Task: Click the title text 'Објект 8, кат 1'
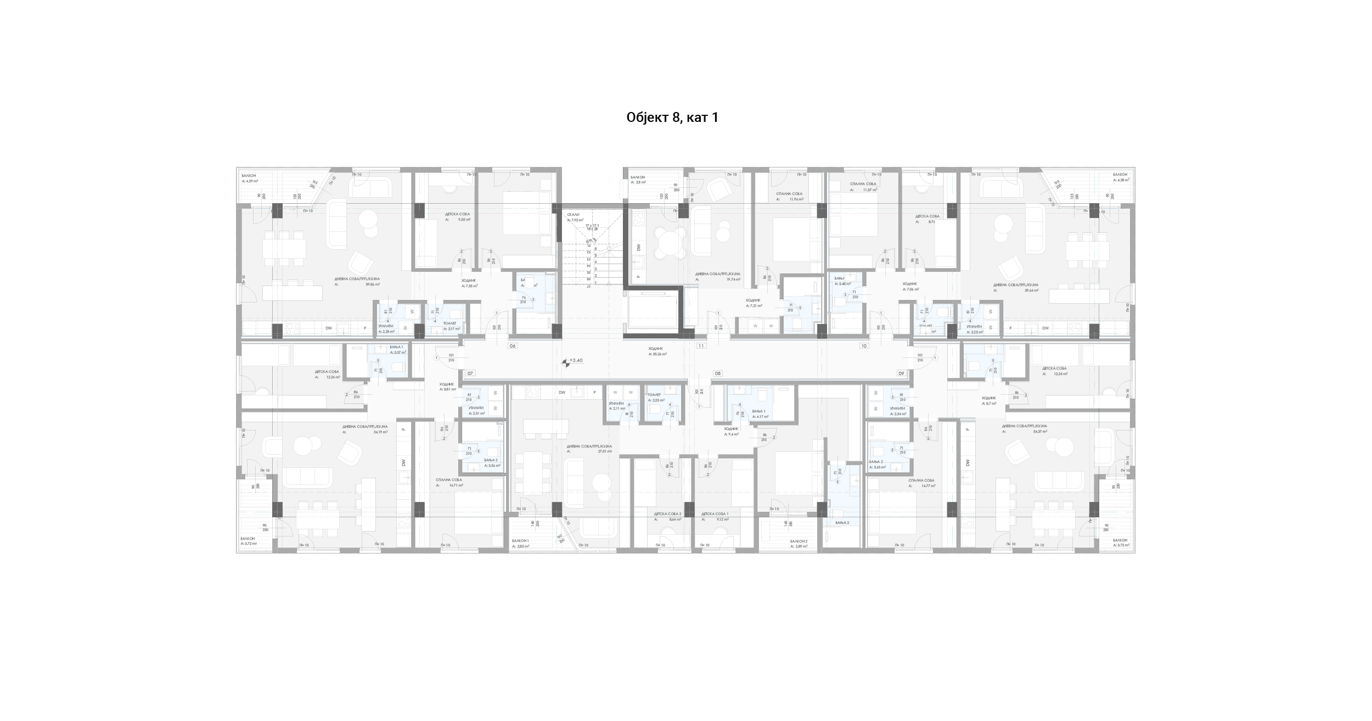672,118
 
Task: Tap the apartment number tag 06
513,346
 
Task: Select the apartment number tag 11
701,346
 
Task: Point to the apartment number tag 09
901,373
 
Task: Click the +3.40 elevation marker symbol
566,362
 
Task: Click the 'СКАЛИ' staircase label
573,214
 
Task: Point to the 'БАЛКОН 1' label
520,541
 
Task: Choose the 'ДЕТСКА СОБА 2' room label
667,514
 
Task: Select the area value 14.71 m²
456,485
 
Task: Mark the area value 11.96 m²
796,199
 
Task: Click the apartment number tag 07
470,373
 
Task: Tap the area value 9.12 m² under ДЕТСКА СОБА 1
722,519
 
